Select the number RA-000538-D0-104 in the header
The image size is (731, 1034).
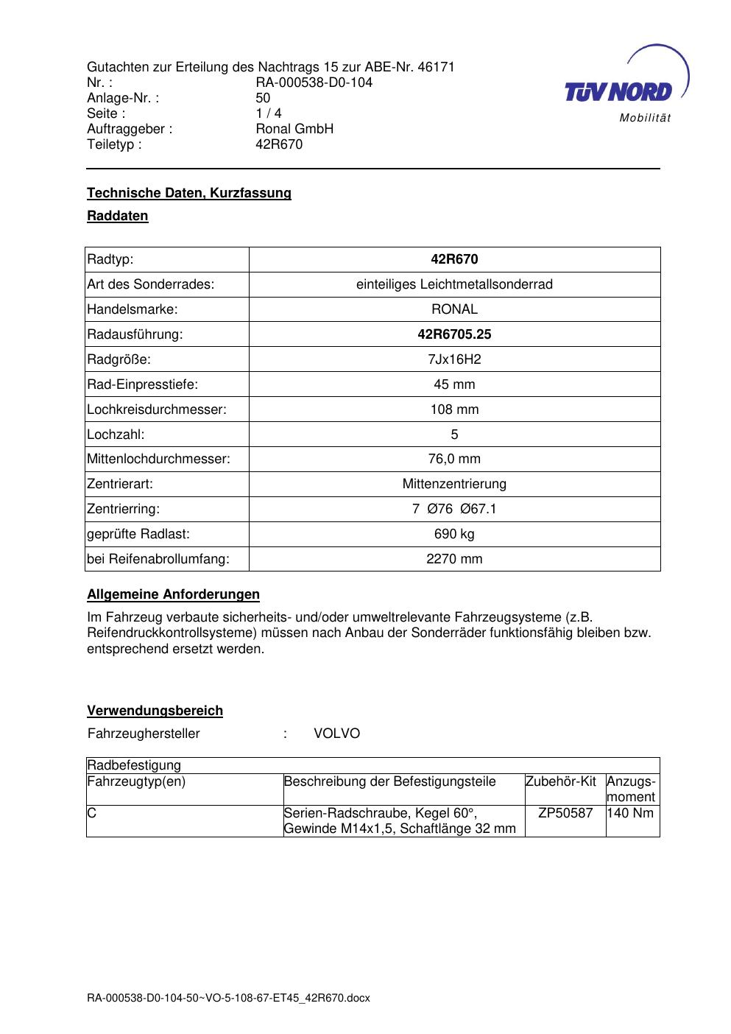(x=314, y=82)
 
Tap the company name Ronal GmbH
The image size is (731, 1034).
(x=294, y=129)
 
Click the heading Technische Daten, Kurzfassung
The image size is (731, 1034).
(x=189, y=193)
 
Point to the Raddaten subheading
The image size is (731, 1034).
(x=118, y=216)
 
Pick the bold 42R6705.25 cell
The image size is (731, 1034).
(x=454, y=334)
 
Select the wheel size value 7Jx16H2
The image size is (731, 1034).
(x=454, y=359)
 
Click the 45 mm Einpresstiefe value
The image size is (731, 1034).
(x=454, y=384)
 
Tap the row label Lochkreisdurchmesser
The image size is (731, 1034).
(x=157, y=409)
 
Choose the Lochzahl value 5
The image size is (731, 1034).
(x=454, y=435)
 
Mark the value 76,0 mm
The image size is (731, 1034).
(x=454, y=459)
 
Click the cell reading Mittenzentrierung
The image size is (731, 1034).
(x=454, y=484)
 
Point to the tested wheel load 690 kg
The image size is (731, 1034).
(x=454, y=534)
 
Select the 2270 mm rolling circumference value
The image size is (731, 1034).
(x=454, y=559)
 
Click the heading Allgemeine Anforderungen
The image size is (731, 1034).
(x=174, y=594)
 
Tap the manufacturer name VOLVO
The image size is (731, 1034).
(x=336, y=734)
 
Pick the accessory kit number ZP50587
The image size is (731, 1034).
(x=565, y=813)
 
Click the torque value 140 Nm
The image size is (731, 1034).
(x=632, y=813)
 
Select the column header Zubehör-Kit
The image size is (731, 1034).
(x=561, y=781)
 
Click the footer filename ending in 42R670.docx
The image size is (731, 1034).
(x=228, y=998)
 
